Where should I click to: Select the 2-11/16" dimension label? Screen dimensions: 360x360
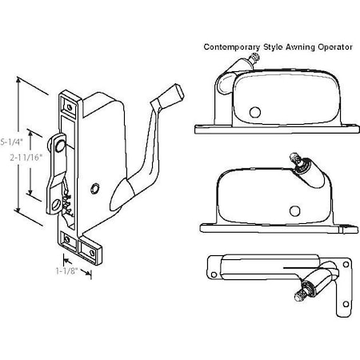[18, 158]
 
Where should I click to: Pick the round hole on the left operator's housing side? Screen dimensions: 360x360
[95, 188]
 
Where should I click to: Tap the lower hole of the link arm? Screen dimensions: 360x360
[56, 206]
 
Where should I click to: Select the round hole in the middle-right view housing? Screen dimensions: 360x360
[294, 210]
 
